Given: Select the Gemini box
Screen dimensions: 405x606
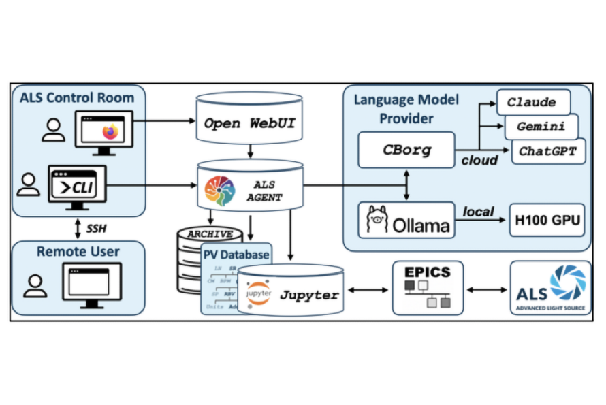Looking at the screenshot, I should [541, 127].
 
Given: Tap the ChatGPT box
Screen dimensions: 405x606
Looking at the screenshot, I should [547, 150].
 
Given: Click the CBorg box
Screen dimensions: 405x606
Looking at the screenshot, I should [406, 150].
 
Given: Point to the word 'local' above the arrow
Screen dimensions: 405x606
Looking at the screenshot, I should [478, 212].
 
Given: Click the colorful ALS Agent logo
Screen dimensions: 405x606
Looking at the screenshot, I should [219, 191].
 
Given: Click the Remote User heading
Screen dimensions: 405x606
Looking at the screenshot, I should [78, 252].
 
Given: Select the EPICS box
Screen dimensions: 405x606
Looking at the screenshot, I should [427, 288].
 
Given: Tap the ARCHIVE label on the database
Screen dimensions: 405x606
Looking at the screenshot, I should [210, 234].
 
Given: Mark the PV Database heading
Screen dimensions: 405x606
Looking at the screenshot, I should [235, 255].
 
